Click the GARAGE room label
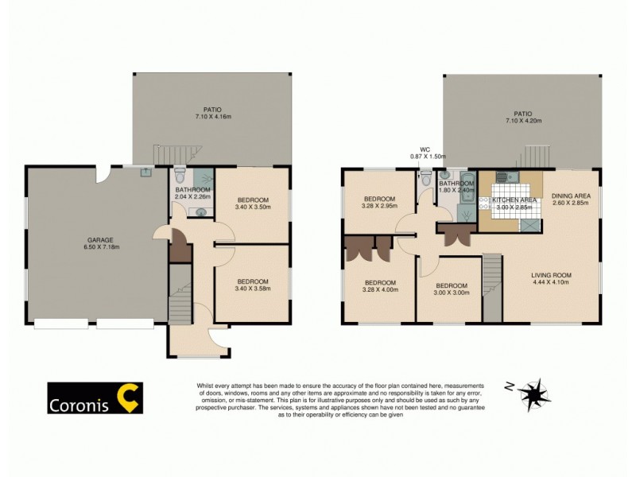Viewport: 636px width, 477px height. (x=100, y=239)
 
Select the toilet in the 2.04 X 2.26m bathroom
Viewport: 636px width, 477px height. (x=180, y=175)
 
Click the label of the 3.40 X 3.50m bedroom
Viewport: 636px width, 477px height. (x=252, y=200)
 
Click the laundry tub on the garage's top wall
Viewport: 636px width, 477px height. (x=146, y=171)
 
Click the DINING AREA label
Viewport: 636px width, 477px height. (x=571, y=196)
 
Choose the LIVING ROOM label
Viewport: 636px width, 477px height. (x=552, y=275)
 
